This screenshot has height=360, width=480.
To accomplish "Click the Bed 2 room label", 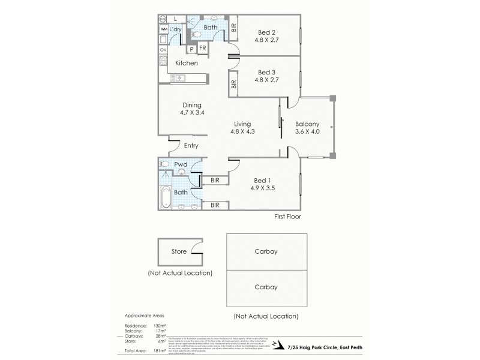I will coord(267,32).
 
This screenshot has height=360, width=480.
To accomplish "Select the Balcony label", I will coord(307,125).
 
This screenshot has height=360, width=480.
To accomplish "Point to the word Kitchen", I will coord(187,63).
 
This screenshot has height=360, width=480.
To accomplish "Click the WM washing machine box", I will coord(163,29).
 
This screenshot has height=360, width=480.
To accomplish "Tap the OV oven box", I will coord(163,50).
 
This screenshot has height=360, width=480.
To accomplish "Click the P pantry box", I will coord(191,49).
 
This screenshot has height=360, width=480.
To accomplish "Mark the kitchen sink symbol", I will coord(179,77).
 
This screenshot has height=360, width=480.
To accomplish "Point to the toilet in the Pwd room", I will coord(182,172).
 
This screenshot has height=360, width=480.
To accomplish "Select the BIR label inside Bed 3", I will coord(233,84).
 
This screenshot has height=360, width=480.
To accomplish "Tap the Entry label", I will coord(191,145).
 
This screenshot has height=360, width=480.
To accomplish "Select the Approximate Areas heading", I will coord(143,315).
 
